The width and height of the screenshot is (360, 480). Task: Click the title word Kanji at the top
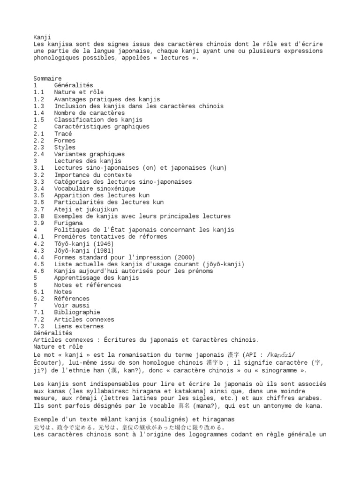42,37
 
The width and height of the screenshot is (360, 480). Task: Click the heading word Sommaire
47,78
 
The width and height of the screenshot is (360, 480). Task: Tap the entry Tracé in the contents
63,134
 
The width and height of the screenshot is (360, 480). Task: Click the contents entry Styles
64,147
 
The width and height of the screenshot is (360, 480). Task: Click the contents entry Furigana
68,223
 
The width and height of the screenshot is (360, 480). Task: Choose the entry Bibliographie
77,313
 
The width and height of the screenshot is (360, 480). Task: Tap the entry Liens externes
79,326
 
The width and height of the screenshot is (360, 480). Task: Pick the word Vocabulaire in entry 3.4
73,188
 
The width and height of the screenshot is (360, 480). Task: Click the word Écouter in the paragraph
47,363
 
